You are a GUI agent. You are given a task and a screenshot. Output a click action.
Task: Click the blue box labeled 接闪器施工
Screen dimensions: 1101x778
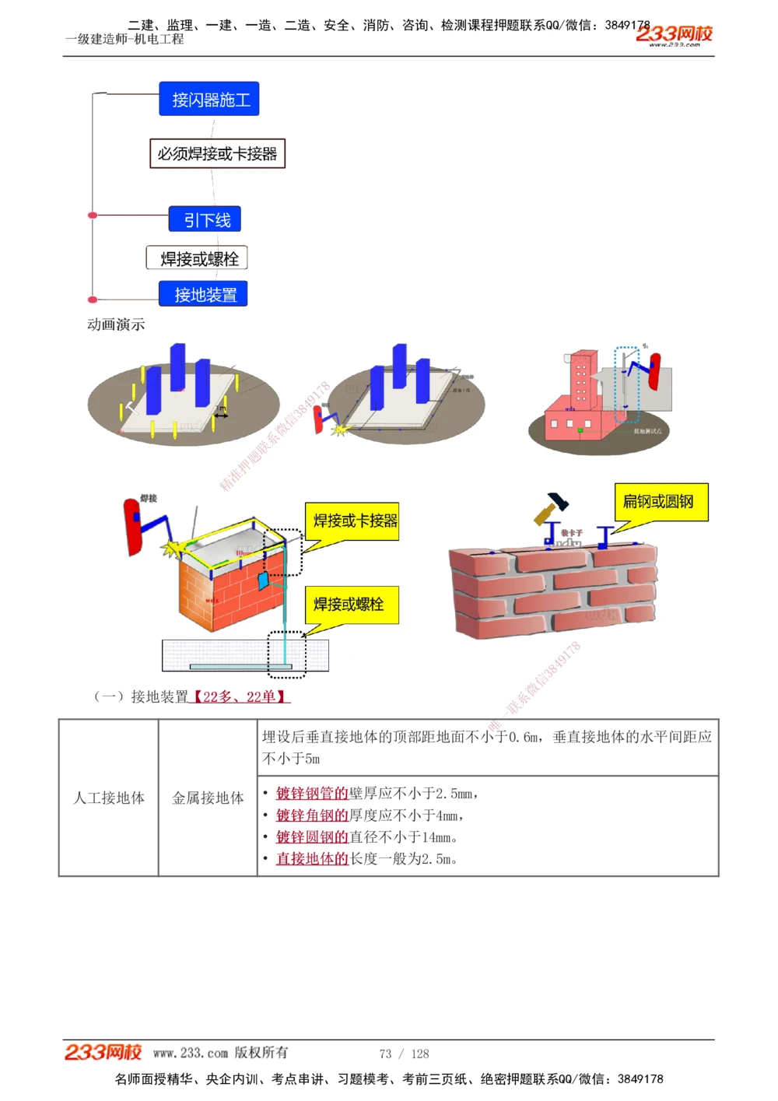pyautogui.click(x=209, y=100)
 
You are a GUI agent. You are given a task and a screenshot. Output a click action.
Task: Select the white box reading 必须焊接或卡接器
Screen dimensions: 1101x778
pyautogui.click(x=217, y=153)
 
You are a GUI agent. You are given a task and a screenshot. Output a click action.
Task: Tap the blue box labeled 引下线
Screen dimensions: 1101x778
pyautogui.click(x=205, y=219)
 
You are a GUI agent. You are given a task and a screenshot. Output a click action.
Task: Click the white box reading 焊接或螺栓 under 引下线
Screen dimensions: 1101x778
pyautogui.click(x=198, y=258)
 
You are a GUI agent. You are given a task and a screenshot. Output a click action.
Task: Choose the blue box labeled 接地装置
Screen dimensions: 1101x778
pyautogui.click(x=204, y=294)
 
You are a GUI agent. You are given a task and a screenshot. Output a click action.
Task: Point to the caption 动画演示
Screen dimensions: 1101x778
pyautogui.click(x=116, y=324)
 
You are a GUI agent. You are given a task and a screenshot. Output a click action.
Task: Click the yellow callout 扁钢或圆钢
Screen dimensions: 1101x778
pyautogui.click(x=661, y=502)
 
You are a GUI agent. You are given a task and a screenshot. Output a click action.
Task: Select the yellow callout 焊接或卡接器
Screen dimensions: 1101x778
pyautogui.click(x=355, y=521)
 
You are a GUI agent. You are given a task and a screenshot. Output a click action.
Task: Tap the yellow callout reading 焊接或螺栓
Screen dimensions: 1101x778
pyautogui.click(x=351, y=604)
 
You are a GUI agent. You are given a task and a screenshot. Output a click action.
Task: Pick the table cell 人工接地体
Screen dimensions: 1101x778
pyautogui.click(x=109, y=798)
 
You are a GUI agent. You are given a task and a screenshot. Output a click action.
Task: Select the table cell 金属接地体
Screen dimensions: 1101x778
pyautogui.click(x=208, y=798)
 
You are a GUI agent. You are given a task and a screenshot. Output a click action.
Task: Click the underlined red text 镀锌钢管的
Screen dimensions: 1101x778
pyautogui.click(x=312, y=793)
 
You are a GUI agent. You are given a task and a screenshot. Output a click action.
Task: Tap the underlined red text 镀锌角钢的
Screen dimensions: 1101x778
pyautogui.click(x=312, y=815)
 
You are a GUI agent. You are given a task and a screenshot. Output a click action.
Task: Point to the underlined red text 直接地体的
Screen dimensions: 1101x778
pyautogui.click(x=312, y=858)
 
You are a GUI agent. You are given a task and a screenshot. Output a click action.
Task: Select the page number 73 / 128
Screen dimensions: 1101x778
pyautogui.click(x=404, y=1054)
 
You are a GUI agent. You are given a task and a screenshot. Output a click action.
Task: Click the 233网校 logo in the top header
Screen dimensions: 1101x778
pyautogui.click(x=674, y=35)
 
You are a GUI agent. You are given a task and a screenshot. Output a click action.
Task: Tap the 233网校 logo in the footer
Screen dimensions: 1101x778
pyautogui.click(x=103, y=1052)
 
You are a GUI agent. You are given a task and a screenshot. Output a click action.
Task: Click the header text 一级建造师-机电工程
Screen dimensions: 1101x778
pyautogui.click(x=124, y=39)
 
